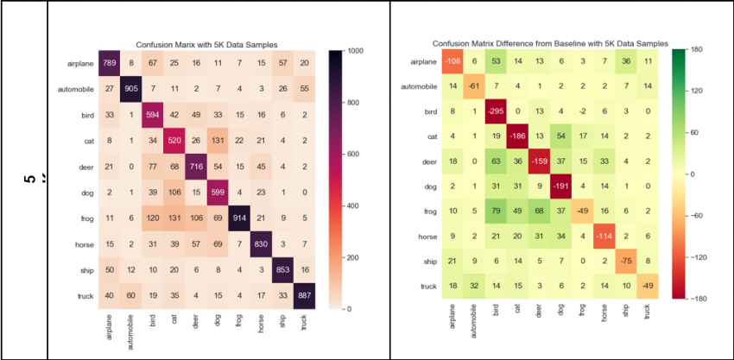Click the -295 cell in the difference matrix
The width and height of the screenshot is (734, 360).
tap(497, 111)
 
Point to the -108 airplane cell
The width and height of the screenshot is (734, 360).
tap(449, 61)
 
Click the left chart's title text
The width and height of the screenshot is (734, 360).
tap(207, 45)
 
